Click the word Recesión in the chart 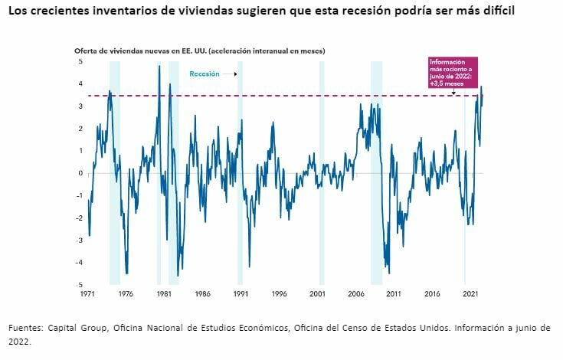[x=205, y=74]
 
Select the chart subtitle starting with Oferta [x=199, y=51]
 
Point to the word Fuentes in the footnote [x=27, y=328]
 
